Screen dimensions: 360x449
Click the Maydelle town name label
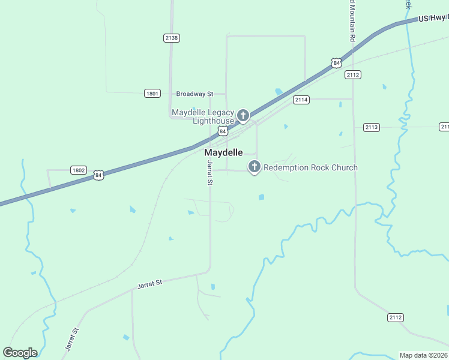[224, 152]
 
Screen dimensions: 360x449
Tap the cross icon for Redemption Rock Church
[254, 167]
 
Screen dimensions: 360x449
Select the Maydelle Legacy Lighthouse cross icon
[243, 115]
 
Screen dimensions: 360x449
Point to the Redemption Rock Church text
[310, 167]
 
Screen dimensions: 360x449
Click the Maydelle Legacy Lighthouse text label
[202, 116]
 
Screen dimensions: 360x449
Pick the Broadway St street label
[194, 94]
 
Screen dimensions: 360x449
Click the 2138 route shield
[171, 38]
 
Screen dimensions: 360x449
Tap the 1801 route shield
[152, 93]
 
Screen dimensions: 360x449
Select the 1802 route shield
[78, 170]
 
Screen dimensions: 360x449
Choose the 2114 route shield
[301, 100]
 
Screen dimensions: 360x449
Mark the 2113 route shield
[372, 127]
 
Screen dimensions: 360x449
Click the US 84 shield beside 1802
[98, 175]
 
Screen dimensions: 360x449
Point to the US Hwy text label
[432, 18]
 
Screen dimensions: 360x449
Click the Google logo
[20, 353]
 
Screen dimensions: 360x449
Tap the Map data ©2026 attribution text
[424, 355]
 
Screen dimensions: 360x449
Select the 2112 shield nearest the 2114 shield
[352, 75]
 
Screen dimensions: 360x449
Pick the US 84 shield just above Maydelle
[223, 131]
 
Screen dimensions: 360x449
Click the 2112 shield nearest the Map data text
[396, 317]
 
